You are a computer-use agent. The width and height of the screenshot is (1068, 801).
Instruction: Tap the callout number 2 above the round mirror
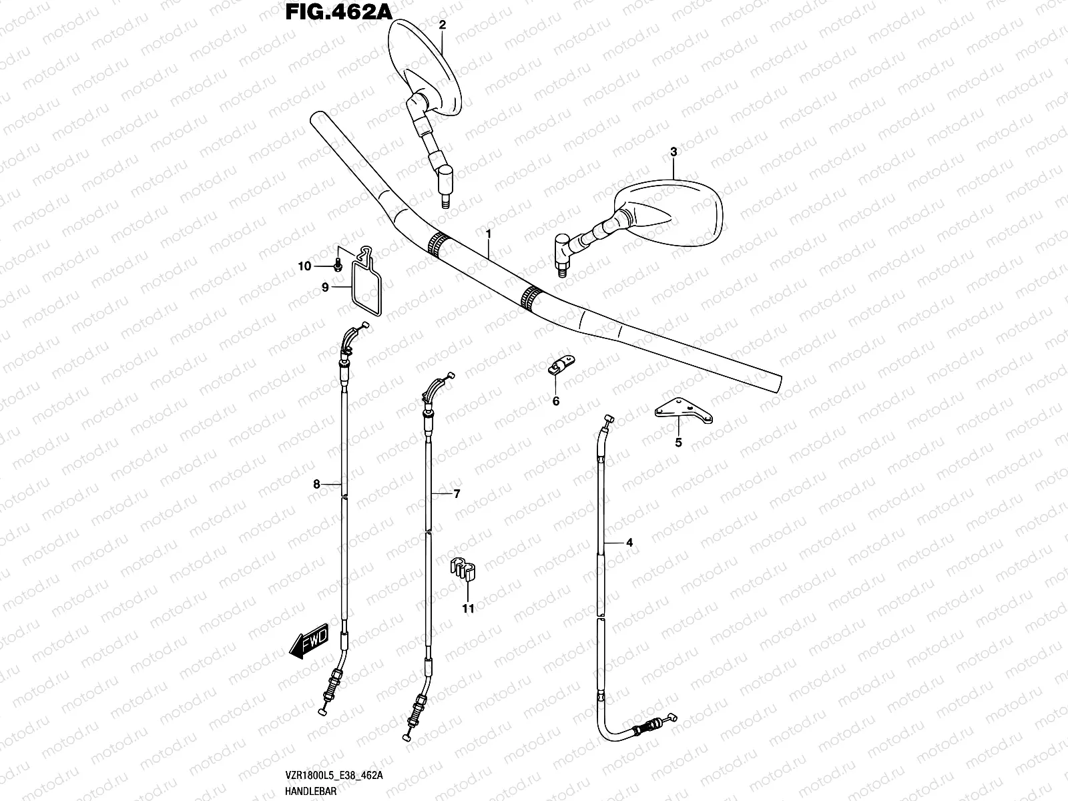click(442, 25)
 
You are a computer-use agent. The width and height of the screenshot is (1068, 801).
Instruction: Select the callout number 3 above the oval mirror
click(674, 152)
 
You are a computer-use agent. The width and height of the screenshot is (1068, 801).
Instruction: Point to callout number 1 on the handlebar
click(489, 234)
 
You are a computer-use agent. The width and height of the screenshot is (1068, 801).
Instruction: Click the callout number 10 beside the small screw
click(304, 266)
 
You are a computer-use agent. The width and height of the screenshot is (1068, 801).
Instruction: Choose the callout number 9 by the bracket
click(325, 287)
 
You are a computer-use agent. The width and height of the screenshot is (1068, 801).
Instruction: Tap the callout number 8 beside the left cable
click(317, 485)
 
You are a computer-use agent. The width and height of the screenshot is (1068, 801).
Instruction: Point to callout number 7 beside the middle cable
click(457, 494)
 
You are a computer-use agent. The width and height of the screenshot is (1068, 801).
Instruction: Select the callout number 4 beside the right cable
click(629, 543)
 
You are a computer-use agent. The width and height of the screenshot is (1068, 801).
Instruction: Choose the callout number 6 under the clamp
click(555, 401)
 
